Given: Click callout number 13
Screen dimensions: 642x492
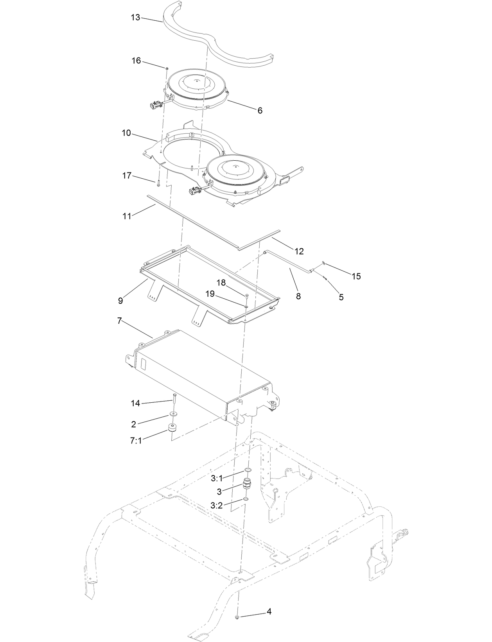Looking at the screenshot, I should pyautogui.click(x=135, y=18).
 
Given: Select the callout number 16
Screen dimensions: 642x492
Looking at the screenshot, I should pyautogui.click(x=136, y=61).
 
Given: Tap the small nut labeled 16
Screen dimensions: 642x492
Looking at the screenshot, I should pyautogui.click(x=167, y=68).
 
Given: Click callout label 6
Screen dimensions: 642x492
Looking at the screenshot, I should pyautogui.click(x=260, y=111).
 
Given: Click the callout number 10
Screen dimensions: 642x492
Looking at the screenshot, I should pyautogui.click(x=126, y=133).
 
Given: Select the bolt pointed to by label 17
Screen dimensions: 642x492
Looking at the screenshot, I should pyautogui.click(x=158, y=183).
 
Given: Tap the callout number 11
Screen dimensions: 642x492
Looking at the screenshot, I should pyautogui.click(x=127, y=216).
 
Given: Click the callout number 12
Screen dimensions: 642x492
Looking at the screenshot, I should pyautogui.click(x=299, y=251).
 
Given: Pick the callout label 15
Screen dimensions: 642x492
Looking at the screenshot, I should pyautogui.click(x=356, y=276).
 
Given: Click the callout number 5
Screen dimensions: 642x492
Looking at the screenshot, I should pyautogui.click(x=341, y=297).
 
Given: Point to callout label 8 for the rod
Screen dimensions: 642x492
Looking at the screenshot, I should pyautogui.click(x=298, y=296).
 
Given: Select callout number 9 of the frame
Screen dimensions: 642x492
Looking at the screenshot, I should pyautogui.click(x=120, y=301).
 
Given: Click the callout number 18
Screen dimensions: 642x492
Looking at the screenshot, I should pyautogui.click(x=221, y=283).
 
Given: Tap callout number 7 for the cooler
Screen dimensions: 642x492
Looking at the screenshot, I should pyautogui.click(x=119, y=321).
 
